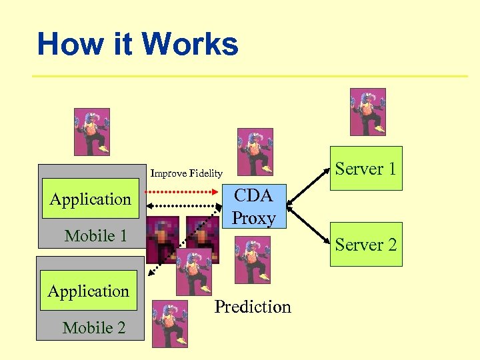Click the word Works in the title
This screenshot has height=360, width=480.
coord(190,45)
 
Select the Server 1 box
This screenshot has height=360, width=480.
coord(366,169)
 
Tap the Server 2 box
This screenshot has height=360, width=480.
coord(366,245)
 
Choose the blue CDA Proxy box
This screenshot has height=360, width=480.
coord(254,207)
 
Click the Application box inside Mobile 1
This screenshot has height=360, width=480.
coord(91,199)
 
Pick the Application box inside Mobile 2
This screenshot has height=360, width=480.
coord(89,291)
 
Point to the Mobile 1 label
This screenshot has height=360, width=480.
coord(95,235)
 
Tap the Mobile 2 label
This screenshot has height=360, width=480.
coord(93,327)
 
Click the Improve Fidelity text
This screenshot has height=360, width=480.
coord(187,173)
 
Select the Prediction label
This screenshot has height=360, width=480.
coord(253,307)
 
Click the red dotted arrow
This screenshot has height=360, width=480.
coord(182,191)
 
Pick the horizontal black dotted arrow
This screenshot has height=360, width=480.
coord(182,205)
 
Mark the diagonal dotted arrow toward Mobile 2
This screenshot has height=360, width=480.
coord(180,243)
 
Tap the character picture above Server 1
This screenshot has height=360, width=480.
coord(368,112)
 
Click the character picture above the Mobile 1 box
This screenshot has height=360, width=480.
coord(91,132)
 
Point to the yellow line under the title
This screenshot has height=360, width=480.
coord(250,76)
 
